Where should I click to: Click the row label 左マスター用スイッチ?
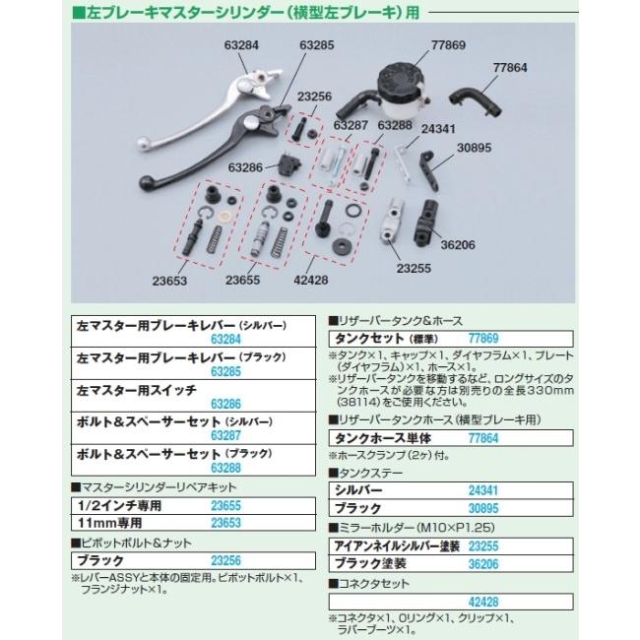[x=129, y=391]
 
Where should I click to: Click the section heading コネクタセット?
[x=368, y=582]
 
